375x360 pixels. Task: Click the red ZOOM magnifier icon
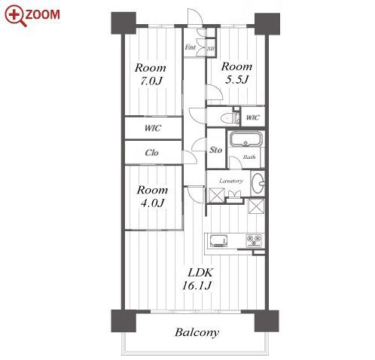[15, 15]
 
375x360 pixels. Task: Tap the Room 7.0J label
[151, 75]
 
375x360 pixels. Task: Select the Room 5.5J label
[236, 73]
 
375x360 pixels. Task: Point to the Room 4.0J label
[152, 197]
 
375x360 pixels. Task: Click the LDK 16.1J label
[198, 279]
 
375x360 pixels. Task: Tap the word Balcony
[197, 333]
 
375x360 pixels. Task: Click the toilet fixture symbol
[230, 117]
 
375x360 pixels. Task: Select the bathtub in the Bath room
[246, 139]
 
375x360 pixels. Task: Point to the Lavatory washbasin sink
[258, 183]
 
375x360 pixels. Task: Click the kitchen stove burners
[254, 240]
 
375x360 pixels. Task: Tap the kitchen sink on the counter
[218, 241]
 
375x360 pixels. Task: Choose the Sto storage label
[216, 150]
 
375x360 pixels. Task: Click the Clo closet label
[151, 153]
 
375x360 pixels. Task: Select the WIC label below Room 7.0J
[153, 128]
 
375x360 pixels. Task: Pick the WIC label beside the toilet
[252, 117]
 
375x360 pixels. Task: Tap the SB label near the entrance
[211, 49]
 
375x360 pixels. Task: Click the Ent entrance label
[191, 47]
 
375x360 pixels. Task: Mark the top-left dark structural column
[123, 23]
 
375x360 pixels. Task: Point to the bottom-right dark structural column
[267, 321]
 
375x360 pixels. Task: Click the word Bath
[249, 157]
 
